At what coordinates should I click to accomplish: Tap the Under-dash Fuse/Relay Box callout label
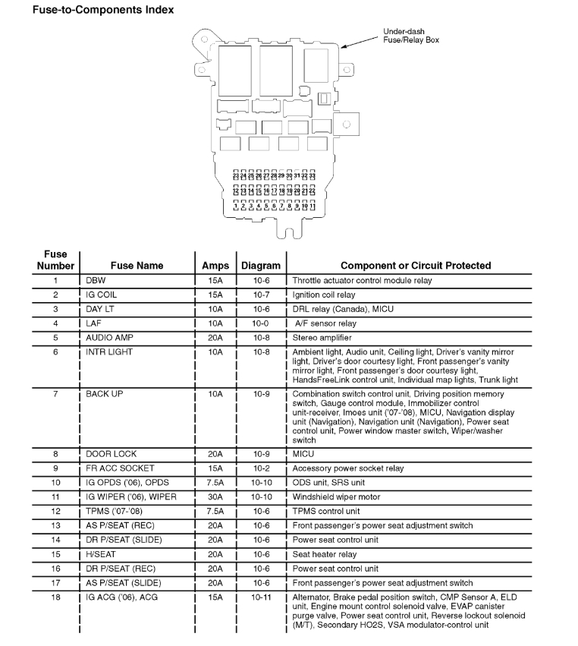pyautogui.click(x=410, y=36)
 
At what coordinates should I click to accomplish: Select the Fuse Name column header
pyautogui.click(x=137, y=266)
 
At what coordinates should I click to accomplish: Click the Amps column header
pyautogui.click(x=215, y=266)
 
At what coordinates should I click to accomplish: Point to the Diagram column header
pyautogui.click(x=261, y=266)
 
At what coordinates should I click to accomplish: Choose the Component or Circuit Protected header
pyautogui.click(x=416, y=266)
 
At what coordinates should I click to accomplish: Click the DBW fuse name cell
pyautogui.click(x=96, y=281)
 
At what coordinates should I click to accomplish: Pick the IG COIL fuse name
pyautogui.click(x=102, y=295)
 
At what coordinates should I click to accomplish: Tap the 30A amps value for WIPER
pyautogui.click(x=215, y=497)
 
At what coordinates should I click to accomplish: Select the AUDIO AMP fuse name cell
pyautogui.click(x=109, y=338)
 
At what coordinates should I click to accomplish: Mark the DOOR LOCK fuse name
pyautogui.click(x=111, y=454)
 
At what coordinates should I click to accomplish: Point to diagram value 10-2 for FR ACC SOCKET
pyautogui.click(x=260, y=468)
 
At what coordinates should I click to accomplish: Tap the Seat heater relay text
pyautogui.click(x=324, y=554)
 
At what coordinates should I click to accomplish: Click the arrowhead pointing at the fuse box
pyautogui.click(x=344, y=46)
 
